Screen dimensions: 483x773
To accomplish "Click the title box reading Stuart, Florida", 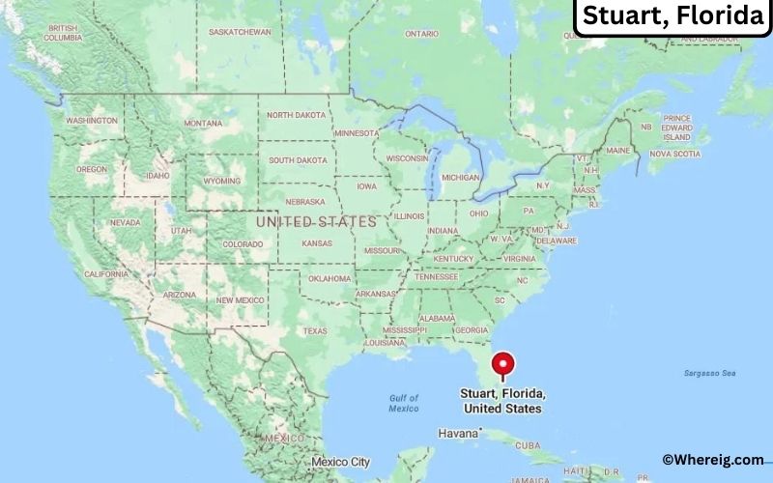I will pos(673,17).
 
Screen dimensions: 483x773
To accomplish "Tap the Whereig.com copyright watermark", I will pos(713,460).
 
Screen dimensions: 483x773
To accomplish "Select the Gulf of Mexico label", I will pos(403,403).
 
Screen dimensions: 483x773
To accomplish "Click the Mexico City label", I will pos(341,462).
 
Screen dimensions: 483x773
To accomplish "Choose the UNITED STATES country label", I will pos(316,221).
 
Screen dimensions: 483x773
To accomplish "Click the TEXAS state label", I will pos(315,330).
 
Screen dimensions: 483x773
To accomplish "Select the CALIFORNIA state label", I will pos(106,274).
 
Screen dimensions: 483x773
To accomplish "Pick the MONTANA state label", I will pos(203,124).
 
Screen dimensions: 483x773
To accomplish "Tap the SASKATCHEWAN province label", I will pos(241,32).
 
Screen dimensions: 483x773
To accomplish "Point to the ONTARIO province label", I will pos(421,34).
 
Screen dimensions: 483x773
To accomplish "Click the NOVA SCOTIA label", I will pos(673,154).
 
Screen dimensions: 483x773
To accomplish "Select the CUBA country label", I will pos(528,445).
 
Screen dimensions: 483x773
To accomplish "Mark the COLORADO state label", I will pos(243,244).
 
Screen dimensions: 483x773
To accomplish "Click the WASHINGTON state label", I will pos(92,121).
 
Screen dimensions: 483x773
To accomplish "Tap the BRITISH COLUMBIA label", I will pos(64,33).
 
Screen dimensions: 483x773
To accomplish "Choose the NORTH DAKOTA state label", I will pos(297,114).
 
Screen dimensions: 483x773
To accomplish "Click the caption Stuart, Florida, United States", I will pos(503,401).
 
